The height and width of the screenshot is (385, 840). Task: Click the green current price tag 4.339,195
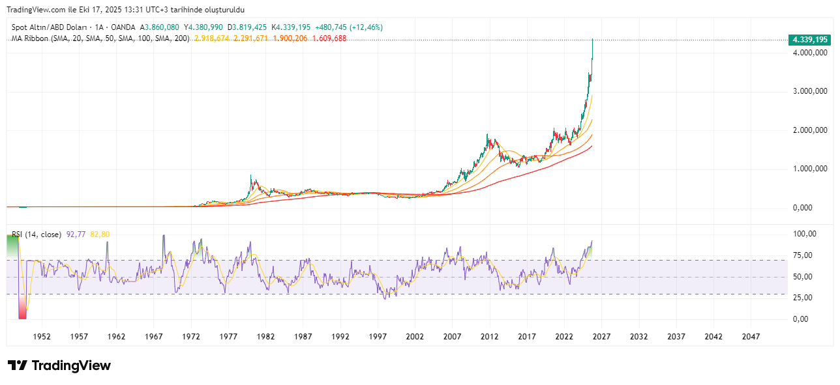click(x=809, y=40)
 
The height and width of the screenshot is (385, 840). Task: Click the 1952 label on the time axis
click(x=42, y=337)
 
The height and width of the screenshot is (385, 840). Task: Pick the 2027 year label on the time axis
click(x=601, y=337)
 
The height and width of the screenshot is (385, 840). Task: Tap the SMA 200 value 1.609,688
click(x=329, y=38)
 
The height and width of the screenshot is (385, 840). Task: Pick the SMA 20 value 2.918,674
click(x=212, y=38)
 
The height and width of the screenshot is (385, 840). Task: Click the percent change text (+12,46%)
click(x=367, y=27)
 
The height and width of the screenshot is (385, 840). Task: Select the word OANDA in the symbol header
click(x=124, y=27)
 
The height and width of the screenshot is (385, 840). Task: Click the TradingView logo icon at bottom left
click(x=18, y=365)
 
